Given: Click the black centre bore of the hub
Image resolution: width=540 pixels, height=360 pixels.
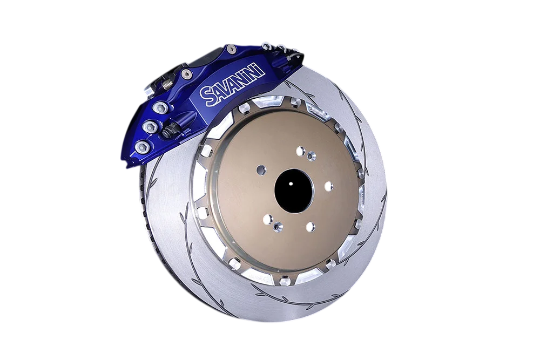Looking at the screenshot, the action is click(293, 191).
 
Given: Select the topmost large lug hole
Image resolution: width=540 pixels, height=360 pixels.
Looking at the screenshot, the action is click(301, 151).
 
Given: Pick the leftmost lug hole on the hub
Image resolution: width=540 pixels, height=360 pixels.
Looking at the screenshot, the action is click(261, 169).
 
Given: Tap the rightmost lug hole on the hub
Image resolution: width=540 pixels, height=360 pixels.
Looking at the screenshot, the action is click(328, 186).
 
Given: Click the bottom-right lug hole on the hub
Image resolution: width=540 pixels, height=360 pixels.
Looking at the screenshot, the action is click(310, 227).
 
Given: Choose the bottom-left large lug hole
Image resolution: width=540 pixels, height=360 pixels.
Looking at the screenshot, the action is click(268, 219).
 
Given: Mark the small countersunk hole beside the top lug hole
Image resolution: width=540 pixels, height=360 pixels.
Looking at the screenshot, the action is click(312, 155).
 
